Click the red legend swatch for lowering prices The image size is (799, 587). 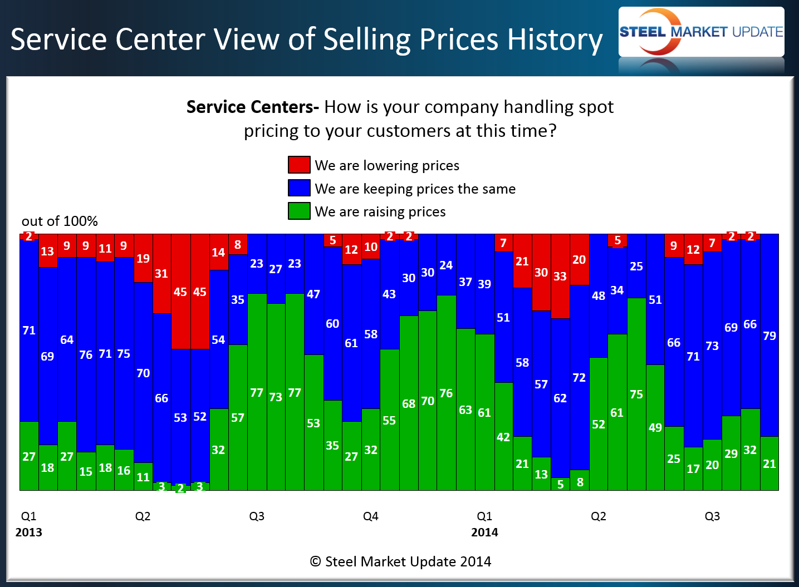[299, 165]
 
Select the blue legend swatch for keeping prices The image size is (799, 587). [299, 188]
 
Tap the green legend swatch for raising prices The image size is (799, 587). [299, 211]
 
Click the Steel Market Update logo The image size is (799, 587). [701, 32]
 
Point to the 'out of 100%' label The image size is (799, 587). [60, 221]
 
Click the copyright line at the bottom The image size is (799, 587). [400, 561]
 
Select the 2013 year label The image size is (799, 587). [29, 532]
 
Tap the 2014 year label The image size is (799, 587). [484, 532]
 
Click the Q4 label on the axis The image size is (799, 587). [370, 516]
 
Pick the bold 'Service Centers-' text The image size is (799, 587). [252, 107]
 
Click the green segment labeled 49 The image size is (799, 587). [655, 427]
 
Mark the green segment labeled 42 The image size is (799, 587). [503, 437]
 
